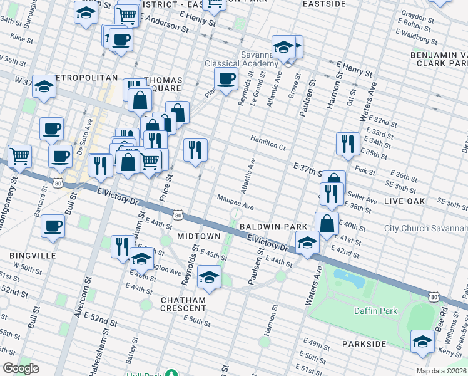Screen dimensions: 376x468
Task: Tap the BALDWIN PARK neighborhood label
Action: pos(277,226)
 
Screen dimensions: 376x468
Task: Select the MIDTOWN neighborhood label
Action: pos(199,236)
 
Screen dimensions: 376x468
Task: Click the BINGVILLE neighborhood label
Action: pos(33,256)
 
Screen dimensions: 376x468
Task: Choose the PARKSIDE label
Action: pos(365,345)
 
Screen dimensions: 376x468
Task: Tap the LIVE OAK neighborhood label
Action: pos(404,201)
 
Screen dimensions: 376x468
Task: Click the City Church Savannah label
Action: pos(425,228)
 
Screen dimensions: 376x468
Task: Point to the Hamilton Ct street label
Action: pos(268,145)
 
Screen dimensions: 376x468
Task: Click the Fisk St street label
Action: pos(364,170)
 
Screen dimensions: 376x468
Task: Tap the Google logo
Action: pos(21,368)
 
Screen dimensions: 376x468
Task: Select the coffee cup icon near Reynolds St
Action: pos(226,78)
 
